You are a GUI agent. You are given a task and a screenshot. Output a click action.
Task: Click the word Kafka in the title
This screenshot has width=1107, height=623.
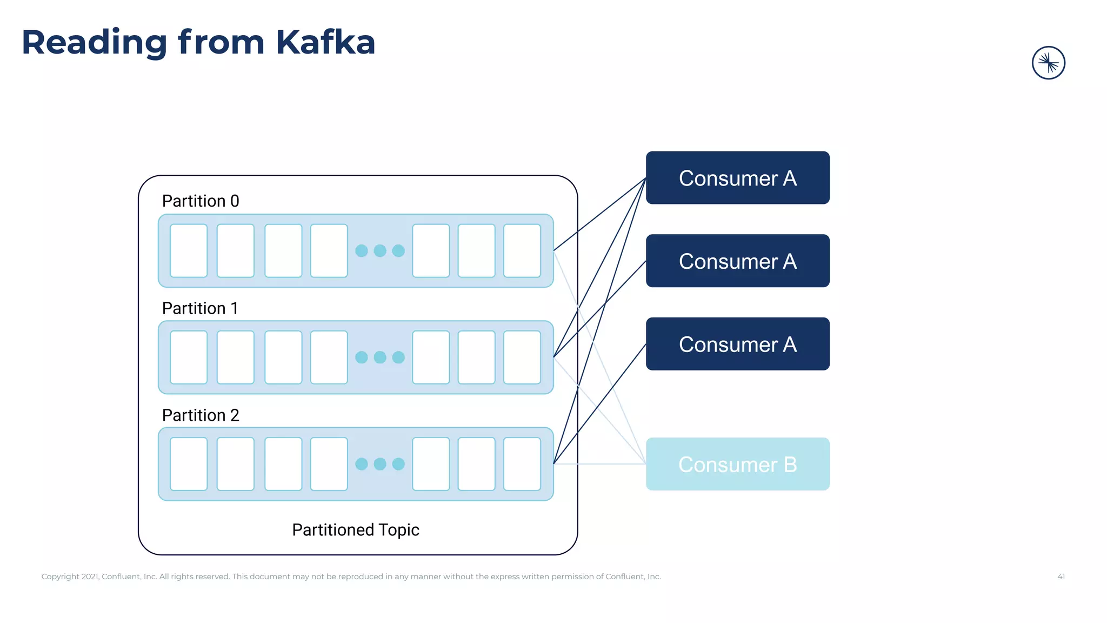tap(325, 42)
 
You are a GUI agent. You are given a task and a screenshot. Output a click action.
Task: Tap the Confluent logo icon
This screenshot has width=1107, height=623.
tap(1048, 63)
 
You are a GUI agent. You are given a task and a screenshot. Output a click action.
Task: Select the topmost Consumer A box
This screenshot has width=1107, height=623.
tap(737, 178)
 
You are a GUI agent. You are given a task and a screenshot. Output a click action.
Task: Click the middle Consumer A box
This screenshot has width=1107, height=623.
tap(737, 261)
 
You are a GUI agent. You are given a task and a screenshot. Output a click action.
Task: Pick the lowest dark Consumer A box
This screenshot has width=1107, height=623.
tap(737, 344)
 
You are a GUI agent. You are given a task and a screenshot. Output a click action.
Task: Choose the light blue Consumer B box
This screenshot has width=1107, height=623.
tap(737, 464)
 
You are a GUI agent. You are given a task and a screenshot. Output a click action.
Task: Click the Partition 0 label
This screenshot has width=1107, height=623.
tap(201, 201)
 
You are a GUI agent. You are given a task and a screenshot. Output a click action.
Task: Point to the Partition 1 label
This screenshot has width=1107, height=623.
tap(200, 308)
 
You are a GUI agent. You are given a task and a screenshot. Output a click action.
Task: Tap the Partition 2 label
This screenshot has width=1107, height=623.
tap(201, 415)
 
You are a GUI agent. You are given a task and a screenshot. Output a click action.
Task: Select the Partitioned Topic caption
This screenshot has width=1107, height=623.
tap(356, 529)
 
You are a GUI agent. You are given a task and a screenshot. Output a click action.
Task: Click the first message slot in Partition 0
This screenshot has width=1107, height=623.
tap(189, 251)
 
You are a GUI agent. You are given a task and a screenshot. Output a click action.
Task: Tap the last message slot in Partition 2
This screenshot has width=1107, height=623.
tap(522, 464)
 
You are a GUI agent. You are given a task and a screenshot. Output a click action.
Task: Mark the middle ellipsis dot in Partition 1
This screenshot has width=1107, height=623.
tap(380, 357)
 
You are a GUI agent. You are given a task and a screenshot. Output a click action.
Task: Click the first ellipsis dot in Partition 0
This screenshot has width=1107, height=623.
tap(362, 251)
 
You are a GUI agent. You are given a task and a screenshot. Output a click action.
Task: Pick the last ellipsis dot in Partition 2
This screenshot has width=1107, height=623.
tap(398, 464)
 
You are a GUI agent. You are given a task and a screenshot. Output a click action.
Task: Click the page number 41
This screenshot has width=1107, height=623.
tap(1061, 576)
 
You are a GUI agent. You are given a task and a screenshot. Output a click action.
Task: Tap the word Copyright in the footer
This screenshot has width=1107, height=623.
tap(60, 576)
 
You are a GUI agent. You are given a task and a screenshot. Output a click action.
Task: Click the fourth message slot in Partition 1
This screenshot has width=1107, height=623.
tap(329, 357)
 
